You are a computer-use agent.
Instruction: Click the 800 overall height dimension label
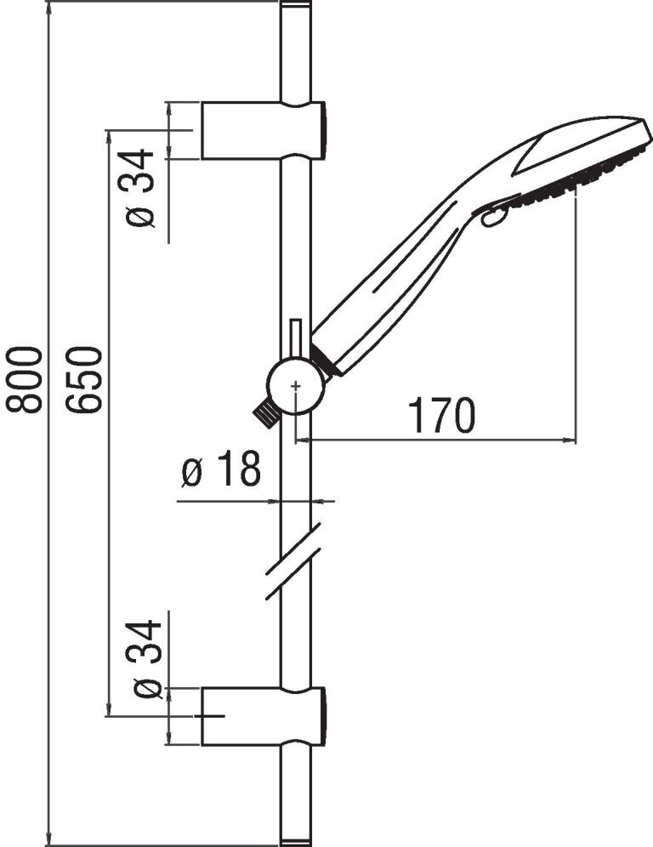[24, 380]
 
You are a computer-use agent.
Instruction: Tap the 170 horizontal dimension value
[442, 415]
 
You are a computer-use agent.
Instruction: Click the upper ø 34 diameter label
[139, 188]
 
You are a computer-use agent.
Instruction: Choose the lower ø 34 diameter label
[146, 660]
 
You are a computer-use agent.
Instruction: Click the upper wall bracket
[264, 130]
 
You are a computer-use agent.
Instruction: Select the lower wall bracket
[264, 716]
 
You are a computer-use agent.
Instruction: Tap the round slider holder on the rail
[295, 386]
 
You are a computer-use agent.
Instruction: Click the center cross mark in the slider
[295, 386]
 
